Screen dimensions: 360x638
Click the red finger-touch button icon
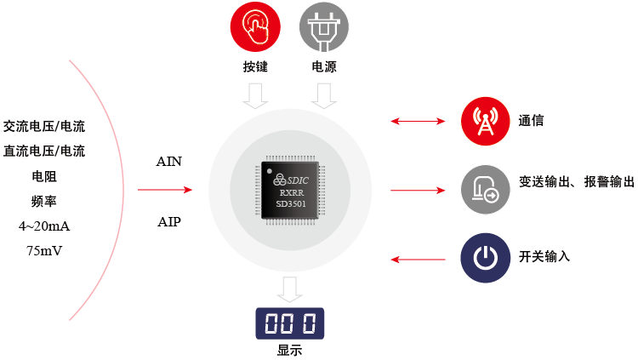pos(255,28)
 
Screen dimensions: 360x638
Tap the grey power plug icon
pos(323,28)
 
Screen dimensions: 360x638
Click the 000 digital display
pos(290,323)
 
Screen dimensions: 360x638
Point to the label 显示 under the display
pos(289,350)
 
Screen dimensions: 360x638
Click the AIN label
pos(168,161)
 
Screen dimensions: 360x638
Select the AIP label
pos(168,222)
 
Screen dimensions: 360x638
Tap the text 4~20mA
pos(44,226)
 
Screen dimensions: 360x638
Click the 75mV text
pos(44,251)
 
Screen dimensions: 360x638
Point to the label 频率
pos(44,202)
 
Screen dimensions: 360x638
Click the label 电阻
pos(44,177)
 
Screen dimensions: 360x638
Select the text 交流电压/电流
pos(44,127)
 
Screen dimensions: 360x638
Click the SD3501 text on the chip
pos(291,204)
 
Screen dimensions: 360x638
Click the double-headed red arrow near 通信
pos(419,122)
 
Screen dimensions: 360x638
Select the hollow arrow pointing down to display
pos(290,289)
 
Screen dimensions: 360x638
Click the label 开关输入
pos(544,257)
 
